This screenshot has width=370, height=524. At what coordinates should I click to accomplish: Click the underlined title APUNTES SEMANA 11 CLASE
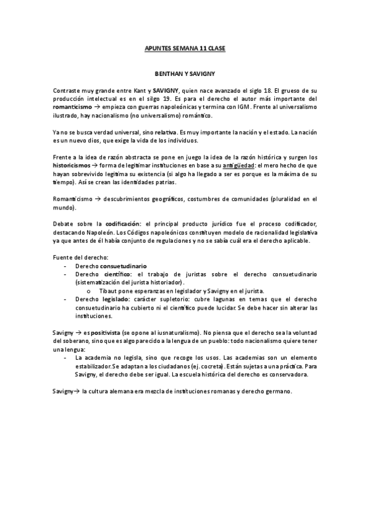[x=185, y=48]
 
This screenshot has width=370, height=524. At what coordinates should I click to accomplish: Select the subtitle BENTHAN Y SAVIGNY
[x=185, y=74]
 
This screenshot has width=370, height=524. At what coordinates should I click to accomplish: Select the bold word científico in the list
[x=115, y=273]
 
